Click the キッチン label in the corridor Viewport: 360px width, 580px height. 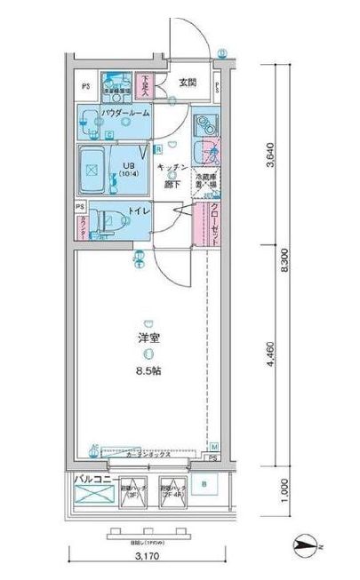click(x=172, y=167)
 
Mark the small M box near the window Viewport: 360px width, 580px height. click(x=214, y=445)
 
